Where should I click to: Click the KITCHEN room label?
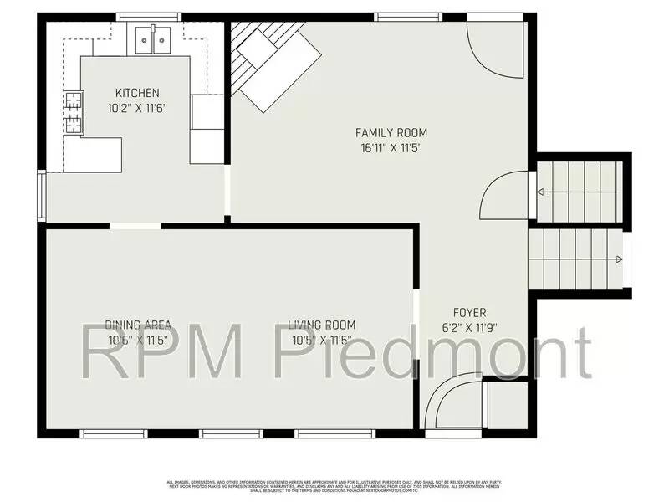coord(137,93)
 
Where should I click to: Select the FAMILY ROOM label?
coord(391,133)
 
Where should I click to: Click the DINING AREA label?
coord(139,325)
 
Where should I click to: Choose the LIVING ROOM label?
coord(322,325)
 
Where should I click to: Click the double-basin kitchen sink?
coord(152,38)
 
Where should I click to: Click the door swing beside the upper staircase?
coord(505,197)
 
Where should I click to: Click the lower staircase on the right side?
coord(577,259)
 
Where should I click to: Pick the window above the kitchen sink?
coord(149,17)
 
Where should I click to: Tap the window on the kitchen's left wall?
coord(42,197)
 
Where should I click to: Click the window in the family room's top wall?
coord(408,17)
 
